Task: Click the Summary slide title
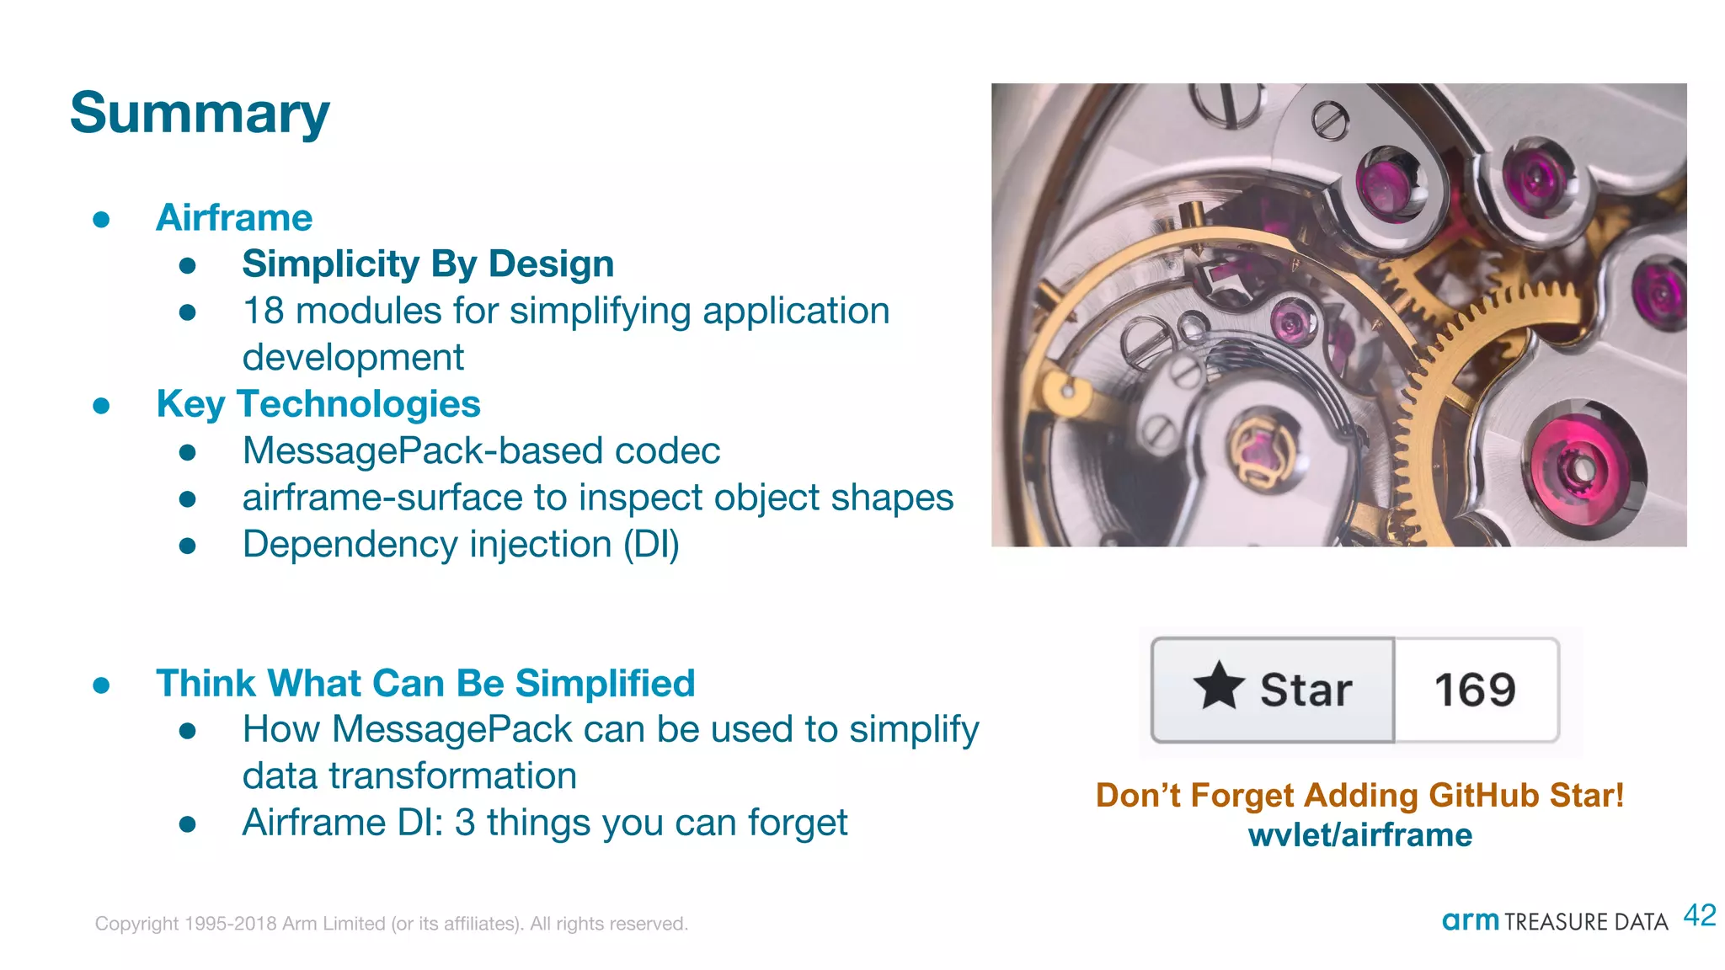(200, 114)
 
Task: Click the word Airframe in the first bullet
(234, 218)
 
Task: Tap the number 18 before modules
(263, 311)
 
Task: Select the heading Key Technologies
(318, 404)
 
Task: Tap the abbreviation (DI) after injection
(651, 545)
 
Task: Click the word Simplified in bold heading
(605, 683)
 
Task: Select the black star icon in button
(1218, 686)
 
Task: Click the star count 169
(1475, 690)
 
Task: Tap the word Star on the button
(1306, 690)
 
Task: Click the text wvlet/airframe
(1359, 835)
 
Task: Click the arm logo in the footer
(1470, 920)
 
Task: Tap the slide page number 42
(1699, 915)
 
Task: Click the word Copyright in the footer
(136, 924)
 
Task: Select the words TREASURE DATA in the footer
(1585, 922)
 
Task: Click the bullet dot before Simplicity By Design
(188, 266)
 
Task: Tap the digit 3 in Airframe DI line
(464, 823)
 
